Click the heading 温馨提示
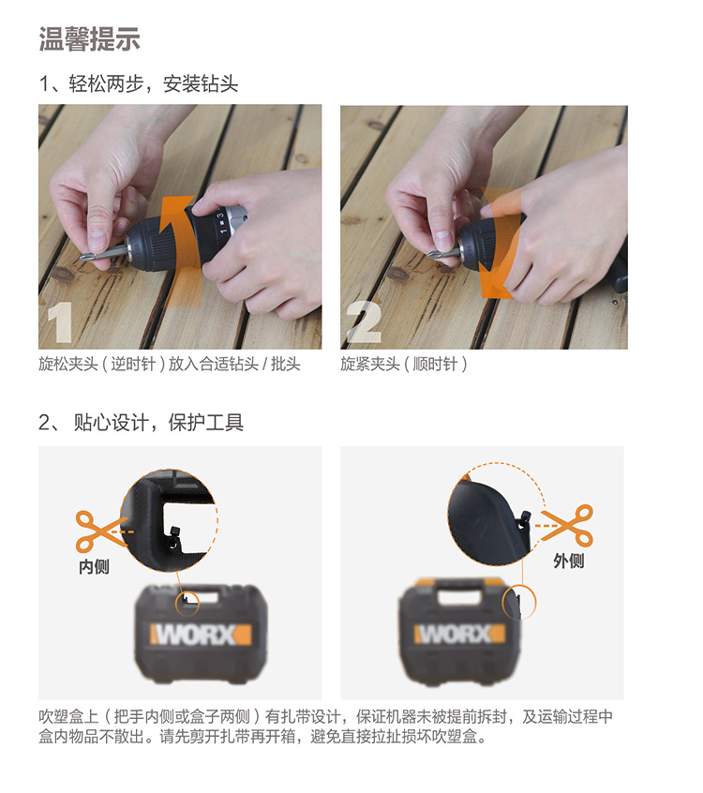point(90,39)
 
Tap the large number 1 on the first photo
point(60,322)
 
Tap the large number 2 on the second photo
point(364,322)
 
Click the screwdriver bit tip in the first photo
point(82,258)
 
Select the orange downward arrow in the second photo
point(498,243)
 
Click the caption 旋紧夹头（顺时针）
point(404,364)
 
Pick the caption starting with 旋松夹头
point(170,364)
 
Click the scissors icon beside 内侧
point(99,531)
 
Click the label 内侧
point(94,566)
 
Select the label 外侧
point(569,561)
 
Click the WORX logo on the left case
point(201,635)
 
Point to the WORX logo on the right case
point(459,634)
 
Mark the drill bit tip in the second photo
point(431,254)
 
